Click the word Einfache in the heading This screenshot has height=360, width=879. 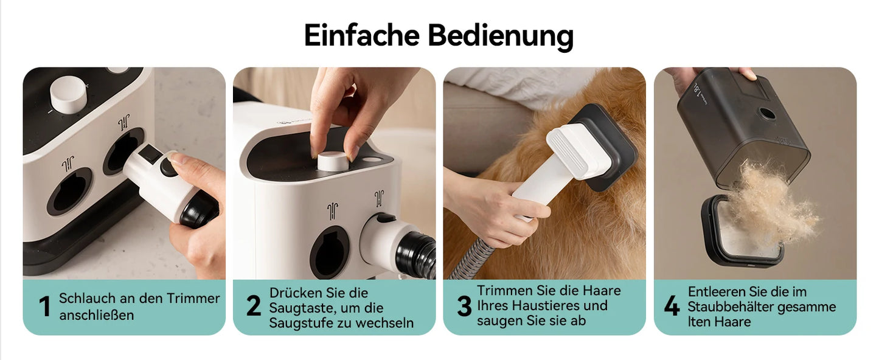362,35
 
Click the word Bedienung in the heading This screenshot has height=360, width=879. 501,35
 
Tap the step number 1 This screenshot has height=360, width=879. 44,306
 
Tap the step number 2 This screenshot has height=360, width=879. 254,306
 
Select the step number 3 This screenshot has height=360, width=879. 464,306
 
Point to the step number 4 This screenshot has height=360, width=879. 672,306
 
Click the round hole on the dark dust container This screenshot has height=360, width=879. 767,114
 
